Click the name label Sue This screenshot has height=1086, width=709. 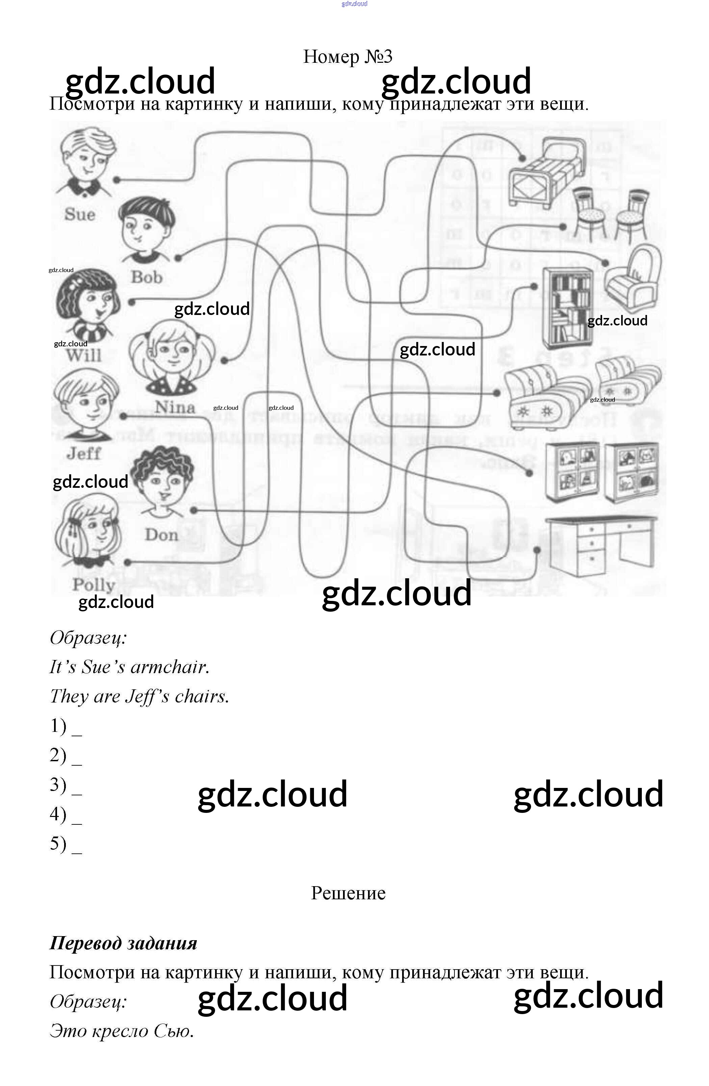[80, 214]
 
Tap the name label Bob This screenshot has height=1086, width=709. [147, 277]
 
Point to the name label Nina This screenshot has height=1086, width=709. [175, 406]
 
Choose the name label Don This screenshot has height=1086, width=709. [161, 534]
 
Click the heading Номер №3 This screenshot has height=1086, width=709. [348, 57]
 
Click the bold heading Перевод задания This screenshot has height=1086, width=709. [123, 943]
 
